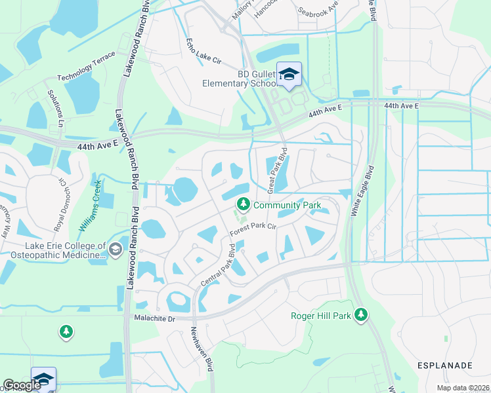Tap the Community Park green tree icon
(x=244, y=205)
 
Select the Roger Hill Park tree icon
(x=360, y=315)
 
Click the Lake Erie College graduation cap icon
(x=116, y=250)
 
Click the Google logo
(x=21, y=386)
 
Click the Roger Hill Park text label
(x=320, y=316)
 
